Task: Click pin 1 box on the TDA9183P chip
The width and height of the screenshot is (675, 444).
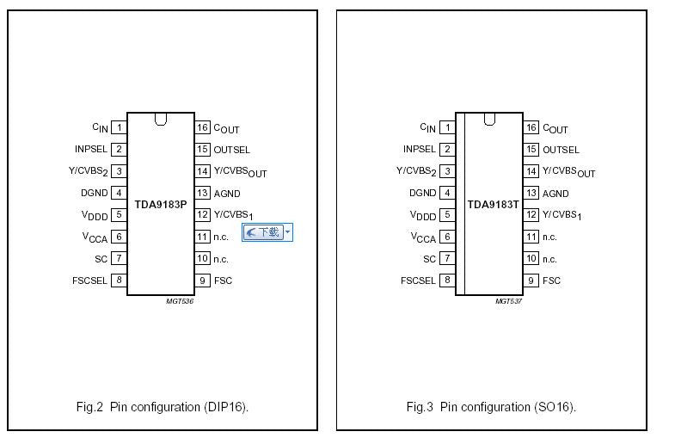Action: (119, 127)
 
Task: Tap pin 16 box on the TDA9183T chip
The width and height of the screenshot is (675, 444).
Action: (531, 127)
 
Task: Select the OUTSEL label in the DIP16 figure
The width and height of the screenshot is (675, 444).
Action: (231, 150)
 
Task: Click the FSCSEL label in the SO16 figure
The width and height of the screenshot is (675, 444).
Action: (418, 281)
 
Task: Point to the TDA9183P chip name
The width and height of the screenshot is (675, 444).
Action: (161, 205)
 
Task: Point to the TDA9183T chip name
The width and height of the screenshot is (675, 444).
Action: (494, 205)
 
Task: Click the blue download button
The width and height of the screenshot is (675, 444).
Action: (267, 232)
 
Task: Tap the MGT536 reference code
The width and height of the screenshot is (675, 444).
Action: (180, 301)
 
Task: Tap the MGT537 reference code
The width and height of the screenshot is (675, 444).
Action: (508, 301)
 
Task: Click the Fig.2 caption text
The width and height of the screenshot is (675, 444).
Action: (163, 407)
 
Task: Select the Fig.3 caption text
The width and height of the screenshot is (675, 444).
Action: (491, 407)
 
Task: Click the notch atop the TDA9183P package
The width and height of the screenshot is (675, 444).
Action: (161, 120)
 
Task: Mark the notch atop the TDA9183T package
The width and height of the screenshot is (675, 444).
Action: (489, 120)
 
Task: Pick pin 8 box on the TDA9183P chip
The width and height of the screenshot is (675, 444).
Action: (119, 281)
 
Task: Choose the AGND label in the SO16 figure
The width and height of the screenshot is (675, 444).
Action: (555, 194)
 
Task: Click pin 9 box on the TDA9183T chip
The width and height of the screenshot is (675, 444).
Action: (531, 281)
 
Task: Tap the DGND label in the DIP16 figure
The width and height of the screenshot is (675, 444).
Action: (95, 193)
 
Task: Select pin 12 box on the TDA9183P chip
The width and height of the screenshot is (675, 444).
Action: (202, 214)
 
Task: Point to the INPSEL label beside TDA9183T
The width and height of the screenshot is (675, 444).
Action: (420, 149)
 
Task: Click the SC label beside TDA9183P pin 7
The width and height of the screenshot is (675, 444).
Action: (101, 259)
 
